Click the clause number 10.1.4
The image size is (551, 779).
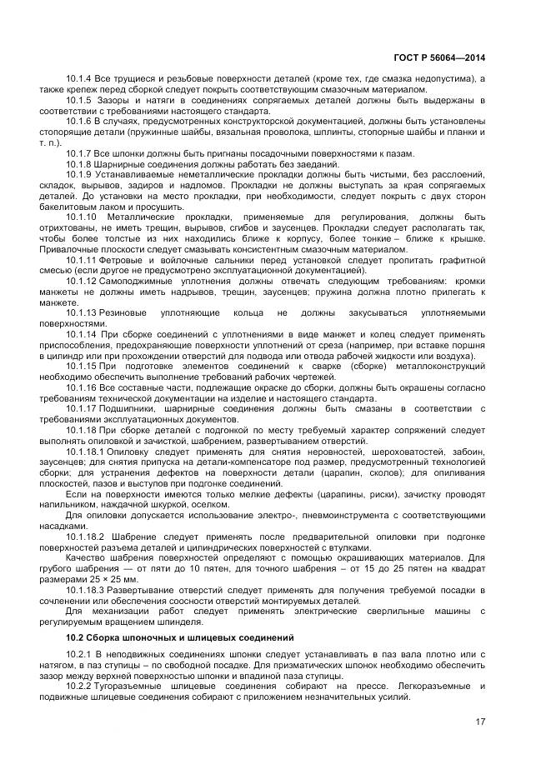click(79, 78)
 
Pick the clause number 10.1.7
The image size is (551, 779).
click(79, 153)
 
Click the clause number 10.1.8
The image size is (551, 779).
click(79, 164)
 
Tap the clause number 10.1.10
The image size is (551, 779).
click(82, 217)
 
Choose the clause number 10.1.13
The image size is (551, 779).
click(82, 313)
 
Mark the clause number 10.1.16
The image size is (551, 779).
click(82, 388)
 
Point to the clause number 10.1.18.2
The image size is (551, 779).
click(86, 537)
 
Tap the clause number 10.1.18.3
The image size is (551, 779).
click(86, 590)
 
